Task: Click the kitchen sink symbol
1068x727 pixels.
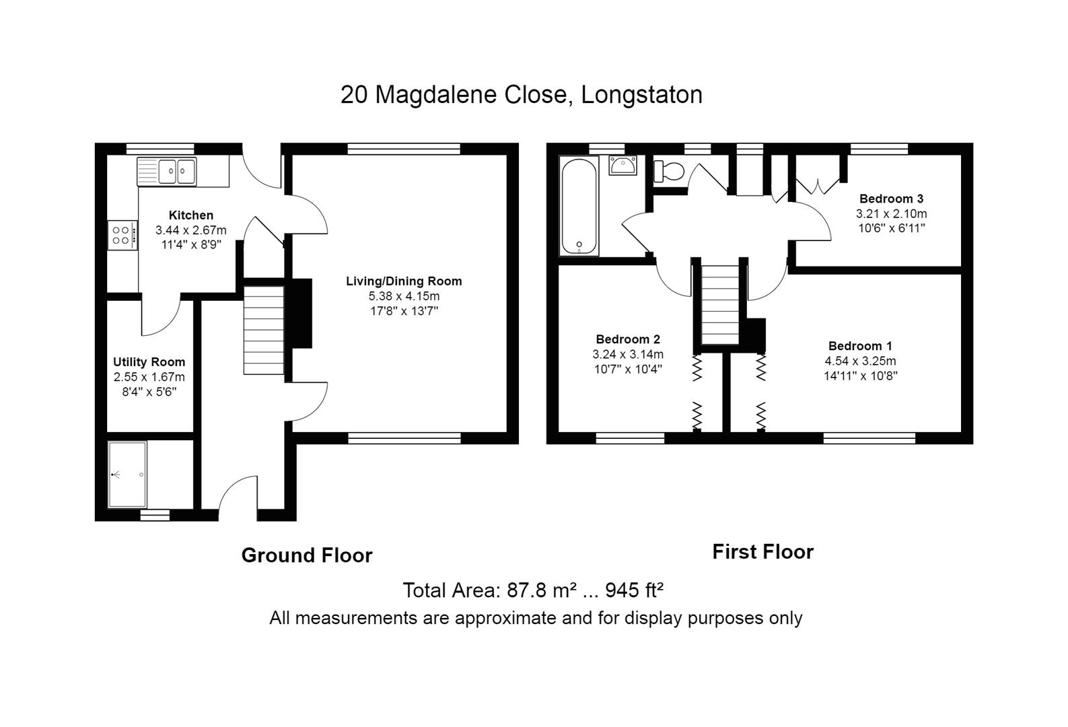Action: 166,171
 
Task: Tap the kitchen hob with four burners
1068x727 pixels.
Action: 122,236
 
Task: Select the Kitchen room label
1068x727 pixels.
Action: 191,215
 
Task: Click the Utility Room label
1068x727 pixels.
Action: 149,362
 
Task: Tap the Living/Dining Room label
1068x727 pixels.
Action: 404,281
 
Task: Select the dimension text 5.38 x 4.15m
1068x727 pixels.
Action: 404,296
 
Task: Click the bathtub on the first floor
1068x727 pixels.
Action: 579,205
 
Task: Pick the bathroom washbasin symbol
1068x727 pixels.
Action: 623,165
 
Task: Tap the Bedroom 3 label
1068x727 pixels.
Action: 891,199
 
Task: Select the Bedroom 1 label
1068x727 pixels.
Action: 860,346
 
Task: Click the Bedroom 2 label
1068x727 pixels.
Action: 628,339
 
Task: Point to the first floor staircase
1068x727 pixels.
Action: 720,304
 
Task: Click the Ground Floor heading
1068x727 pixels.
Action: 307,555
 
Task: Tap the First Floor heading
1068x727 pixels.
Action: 762,552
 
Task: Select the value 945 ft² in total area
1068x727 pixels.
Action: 635,590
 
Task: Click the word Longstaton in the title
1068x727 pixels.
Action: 641,94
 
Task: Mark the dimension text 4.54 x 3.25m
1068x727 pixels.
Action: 860,361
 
